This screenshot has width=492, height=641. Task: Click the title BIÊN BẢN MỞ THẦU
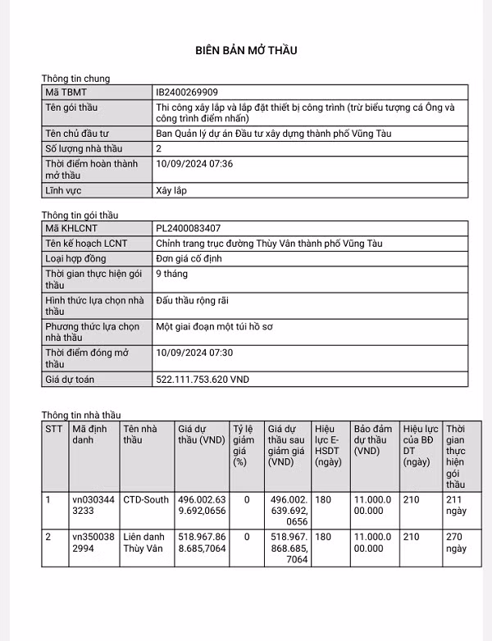click(x=246, y=51)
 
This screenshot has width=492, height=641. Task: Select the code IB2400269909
click(x=187, y=93)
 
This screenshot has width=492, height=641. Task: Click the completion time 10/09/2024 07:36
click(x=194, y=164)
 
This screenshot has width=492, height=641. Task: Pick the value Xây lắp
click(x=171, y=190)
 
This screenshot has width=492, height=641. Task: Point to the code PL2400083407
click(x=188, y=228)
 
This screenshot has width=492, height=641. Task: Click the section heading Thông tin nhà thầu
click(x=81, y=416)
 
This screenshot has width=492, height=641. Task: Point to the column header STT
click(x=54, y=429)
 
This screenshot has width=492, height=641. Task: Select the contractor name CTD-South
click(x=146, y=499)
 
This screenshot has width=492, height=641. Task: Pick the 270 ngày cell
click(x=456, y=543)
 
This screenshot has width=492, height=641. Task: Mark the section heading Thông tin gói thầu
click(x=80, y=215)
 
